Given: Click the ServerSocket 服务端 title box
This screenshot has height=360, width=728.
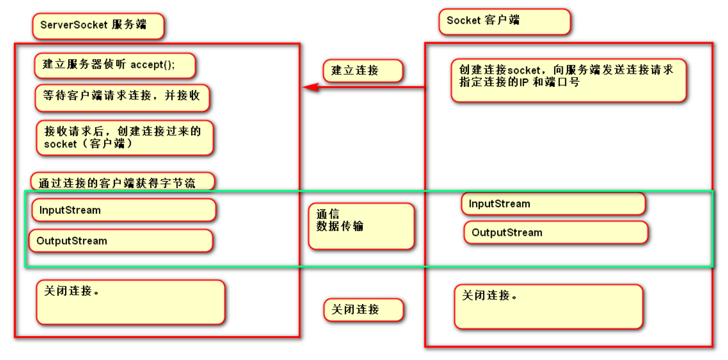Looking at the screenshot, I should point(98,26).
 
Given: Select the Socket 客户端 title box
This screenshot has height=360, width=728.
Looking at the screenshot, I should point(504,22).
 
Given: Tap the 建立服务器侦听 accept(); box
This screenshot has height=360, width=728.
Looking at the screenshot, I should point(114,66).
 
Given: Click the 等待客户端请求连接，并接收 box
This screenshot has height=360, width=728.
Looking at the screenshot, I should point(122,97).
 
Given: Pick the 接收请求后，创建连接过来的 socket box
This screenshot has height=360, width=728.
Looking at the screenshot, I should point(125,138).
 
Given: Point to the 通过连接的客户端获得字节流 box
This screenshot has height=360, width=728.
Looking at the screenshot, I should point(123,182).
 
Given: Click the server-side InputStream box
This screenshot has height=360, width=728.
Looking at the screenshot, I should point(124,210).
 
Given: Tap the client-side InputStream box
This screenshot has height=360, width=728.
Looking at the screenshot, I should point(553,204).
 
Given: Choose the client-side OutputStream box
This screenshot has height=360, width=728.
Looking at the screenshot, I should point(556,233).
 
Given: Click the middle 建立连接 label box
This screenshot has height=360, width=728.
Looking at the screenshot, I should point(363,70).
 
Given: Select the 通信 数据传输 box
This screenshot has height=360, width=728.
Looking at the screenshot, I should point(361,226).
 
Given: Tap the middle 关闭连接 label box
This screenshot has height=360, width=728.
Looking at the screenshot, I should point(363,310).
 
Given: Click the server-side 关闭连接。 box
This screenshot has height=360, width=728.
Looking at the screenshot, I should point(130,302).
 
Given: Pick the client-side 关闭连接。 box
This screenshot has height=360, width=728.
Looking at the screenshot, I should point(548,306).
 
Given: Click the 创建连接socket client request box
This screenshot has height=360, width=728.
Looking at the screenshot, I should point(568,81).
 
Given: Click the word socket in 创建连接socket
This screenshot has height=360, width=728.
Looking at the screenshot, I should point(524,70).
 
